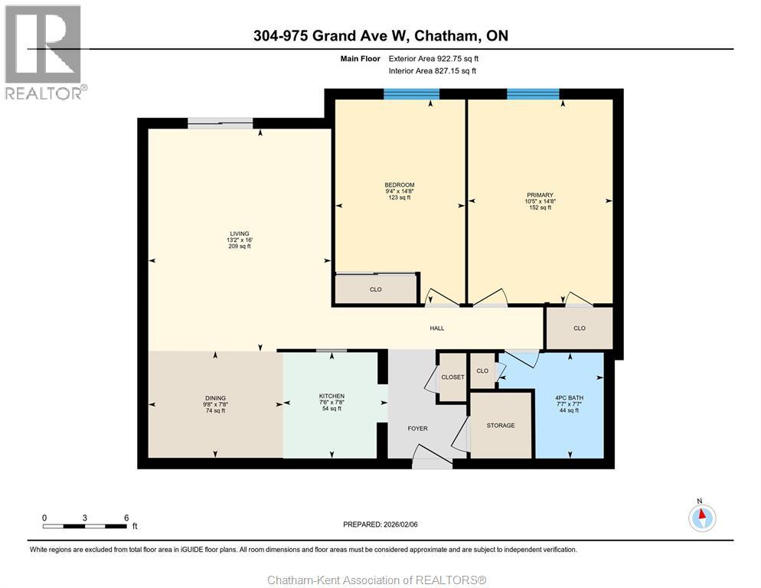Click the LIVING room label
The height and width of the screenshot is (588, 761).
[239, 234]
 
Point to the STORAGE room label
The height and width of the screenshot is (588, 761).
[501, 425]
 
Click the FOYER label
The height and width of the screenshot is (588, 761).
[417, 429]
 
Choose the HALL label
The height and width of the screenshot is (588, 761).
[437, 328]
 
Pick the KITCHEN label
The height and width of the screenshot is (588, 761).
[332, 397]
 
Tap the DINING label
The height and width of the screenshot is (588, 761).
[214, 397]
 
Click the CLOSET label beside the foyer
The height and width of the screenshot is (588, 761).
[452, 377]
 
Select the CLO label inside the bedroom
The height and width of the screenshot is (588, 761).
[376, 289]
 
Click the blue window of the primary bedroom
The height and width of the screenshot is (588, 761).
[533, 94]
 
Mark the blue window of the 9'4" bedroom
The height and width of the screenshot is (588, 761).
[411, 94]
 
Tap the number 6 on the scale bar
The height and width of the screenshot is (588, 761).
[126, 518]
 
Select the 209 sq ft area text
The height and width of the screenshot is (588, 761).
[239, 247]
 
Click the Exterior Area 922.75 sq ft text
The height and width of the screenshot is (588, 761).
[437, 58]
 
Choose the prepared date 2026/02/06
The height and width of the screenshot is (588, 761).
[380, 524]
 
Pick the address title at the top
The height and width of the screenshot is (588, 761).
[380, 36]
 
